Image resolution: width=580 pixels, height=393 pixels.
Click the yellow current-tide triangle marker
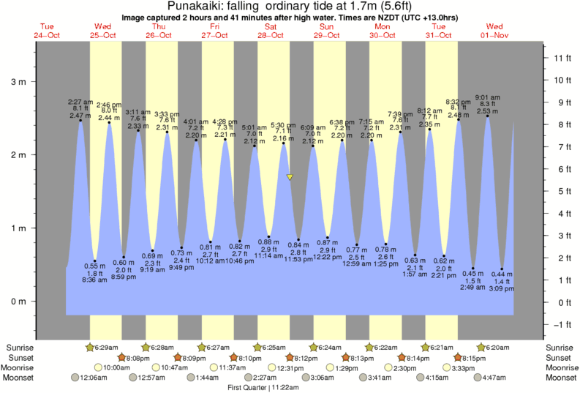[x=290, y=177]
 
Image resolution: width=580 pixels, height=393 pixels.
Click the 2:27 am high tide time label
[x=80, y=102]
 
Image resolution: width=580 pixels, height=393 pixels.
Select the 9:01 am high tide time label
[x=487, y=97]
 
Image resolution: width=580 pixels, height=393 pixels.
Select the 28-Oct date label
[x=270, y=34]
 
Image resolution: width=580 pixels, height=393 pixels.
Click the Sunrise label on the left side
[x=20, y=348]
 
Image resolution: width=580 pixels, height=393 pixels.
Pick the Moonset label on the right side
[x=561, y=378]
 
